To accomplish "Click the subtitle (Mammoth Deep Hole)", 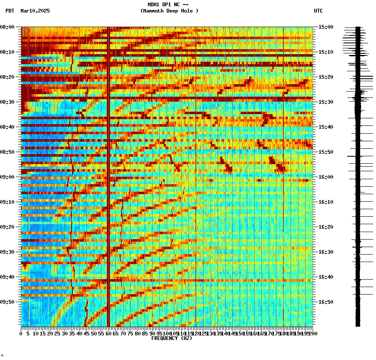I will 169,11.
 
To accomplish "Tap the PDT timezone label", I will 10,11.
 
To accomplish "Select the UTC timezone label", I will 318,11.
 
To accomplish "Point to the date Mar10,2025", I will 35,11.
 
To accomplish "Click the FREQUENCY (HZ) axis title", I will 172,338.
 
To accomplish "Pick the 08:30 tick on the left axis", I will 8,102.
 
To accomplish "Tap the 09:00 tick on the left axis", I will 8,177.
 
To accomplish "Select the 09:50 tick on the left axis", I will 8,302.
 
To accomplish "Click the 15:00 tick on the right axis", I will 326,27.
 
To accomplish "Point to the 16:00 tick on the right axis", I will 326,177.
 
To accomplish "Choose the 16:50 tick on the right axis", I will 326,302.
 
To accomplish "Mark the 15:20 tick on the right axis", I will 326,77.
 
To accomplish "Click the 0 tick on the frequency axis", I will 21,333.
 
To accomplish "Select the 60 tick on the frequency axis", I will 108,333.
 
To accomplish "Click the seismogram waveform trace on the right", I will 358,175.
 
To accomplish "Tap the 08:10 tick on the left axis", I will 8,52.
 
